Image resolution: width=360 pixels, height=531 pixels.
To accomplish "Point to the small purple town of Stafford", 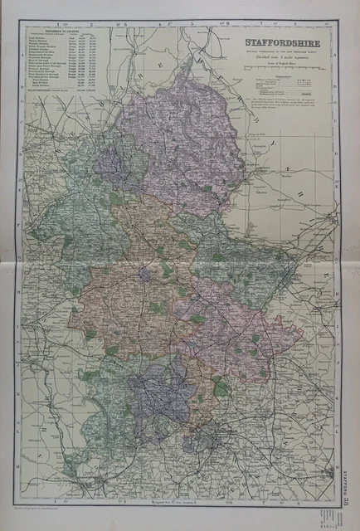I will (146, 274).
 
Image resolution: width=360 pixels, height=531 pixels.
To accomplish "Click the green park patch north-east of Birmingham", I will (220, 386).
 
